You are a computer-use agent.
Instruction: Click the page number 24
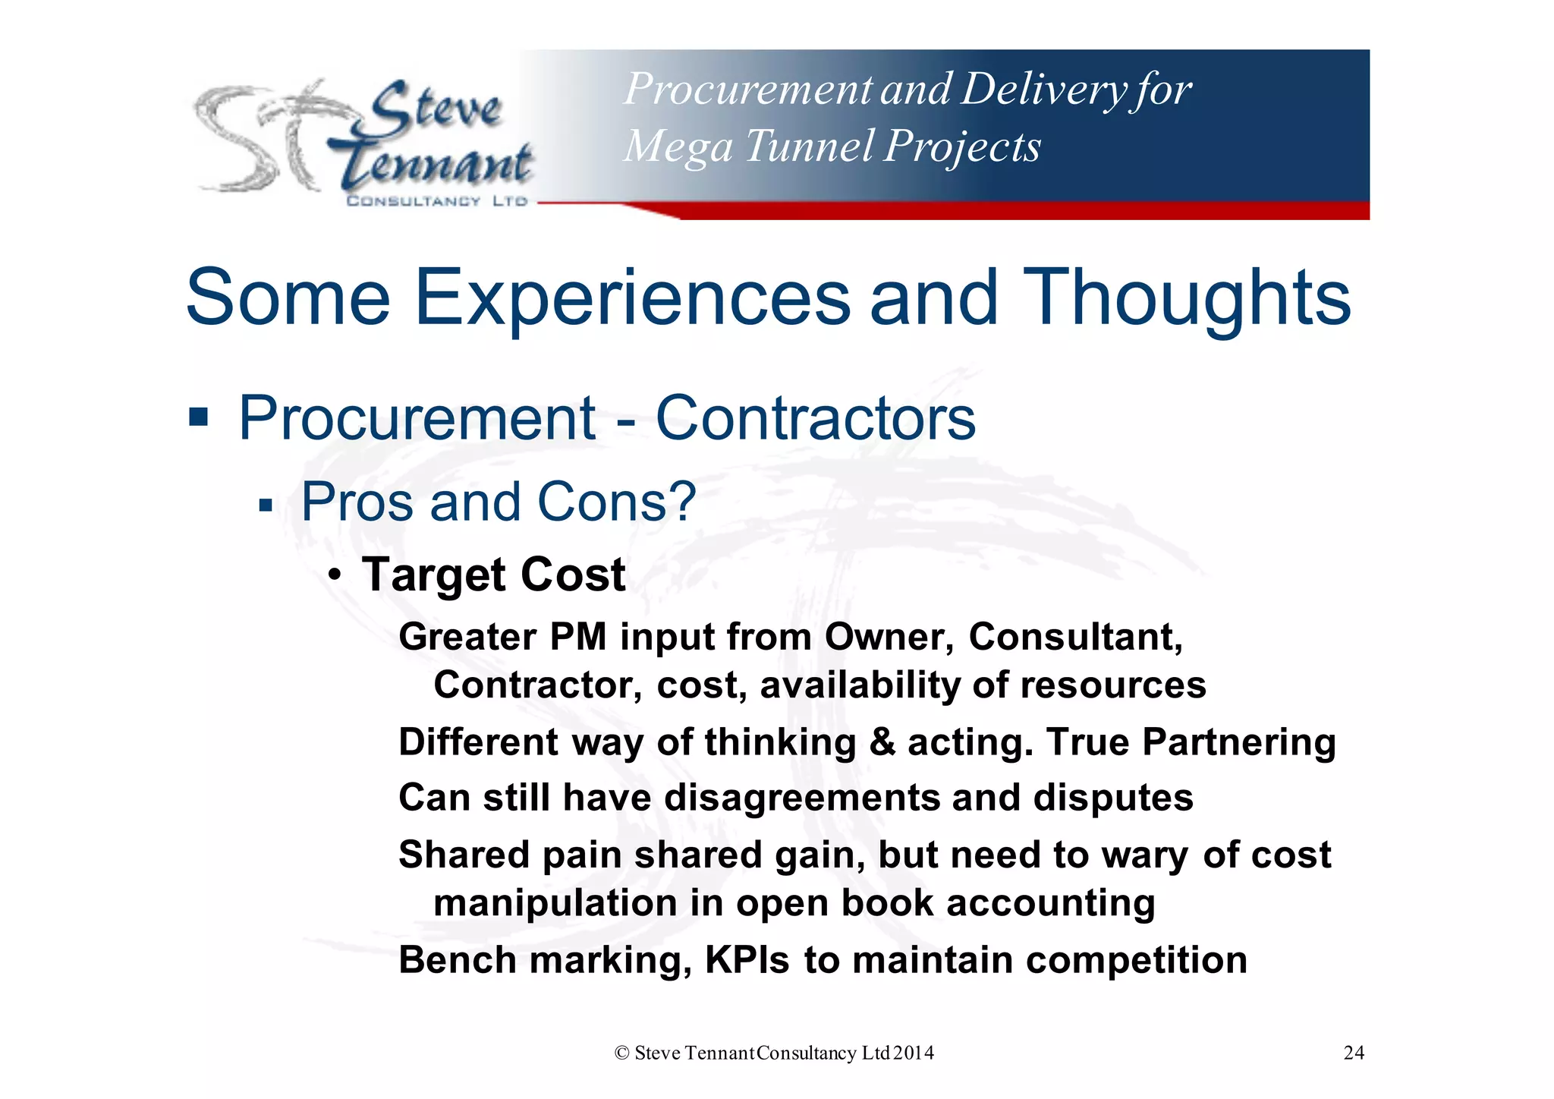pos(1354,1053)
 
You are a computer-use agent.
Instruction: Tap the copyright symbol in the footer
pos(622,1053)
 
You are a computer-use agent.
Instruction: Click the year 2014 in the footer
pos(914,1053)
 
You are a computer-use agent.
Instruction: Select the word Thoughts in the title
pos(1186,298)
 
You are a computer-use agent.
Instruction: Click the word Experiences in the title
pos(632,298)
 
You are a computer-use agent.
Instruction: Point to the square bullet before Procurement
pos(198,417)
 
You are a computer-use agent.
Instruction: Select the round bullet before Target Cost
pos(335,575)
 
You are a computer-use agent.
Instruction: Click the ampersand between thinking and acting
pos(882,742)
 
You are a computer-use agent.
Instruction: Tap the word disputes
pos(1113,798)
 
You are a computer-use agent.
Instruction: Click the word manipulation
pos(555,903)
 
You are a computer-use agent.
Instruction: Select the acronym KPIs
pos(747,959)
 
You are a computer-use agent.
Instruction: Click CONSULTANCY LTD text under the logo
pos(436,201)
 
